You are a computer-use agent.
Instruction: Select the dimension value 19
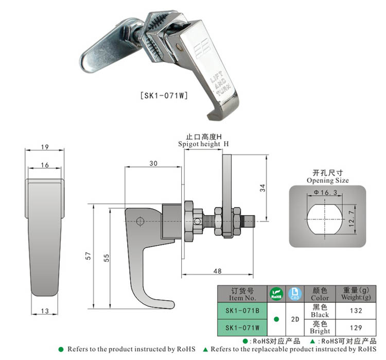click(44, 147)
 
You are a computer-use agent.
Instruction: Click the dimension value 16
click(44, 165)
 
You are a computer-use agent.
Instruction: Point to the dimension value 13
click(44, 311)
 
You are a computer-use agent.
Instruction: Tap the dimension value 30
click(153, 163)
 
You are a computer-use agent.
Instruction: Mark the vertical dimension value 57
click(88, 256)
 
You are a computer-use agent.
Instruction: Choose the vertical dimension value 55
click(107, 258)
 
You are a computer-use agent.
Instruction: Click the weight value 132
click(355, 311)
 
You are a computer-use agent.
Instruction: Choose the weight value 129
click(355, 328)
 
